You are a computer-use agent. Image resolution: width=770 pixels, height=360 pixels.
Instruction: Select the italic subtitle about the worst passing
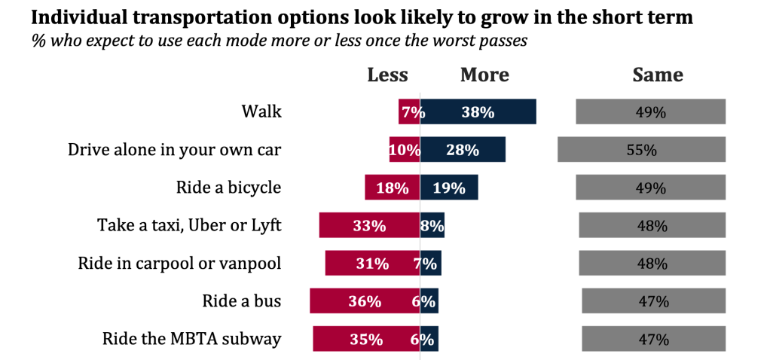point(279,41)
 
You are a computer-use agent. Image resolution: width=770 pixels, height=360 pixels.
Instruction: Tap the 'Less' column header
point(387,75)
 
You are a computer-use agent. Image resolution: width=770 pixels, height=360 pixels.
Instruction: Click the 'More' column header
point(484,75)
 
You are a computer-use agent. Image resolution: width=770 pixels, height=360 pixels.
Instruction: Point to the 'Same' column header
point(657,75)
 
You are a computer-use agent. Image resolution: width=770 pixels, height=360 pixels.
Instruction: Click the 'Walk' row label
point(261,111)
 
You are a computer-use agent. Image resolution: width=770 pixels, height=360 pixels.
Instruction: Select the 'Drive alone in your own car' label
point(175,149)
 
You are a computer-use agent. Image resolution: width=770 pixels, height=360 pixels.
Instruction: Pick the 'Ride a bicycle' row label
point(228,187)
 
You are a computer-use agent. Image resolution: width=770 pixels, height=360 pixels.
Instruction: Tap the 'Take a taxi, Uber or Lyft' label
point(189,224)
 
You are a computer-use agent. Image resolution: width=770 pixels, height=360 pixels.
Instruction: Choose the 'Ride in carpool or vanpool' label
point(179,263)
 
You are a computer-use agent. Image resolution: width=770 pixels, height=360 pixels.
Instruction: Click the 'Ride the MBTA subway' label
point(191,339)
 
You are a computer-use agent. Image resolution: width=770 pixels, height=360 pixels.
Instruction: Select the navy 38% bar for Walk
point(478,111)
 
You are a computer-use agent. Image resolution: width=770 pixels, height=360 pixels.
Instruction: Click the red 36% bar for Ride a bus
point(365,301)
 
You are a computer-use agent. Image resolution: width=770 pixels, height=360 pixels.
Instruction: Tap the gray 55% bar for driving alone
point(641,149)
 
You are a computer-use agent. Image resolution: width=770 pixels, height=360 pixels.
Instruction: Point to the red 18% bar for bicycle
point(392,187)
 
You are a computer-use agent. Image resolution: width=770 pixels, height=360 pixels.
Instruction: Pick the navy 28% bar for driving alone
point(463,149)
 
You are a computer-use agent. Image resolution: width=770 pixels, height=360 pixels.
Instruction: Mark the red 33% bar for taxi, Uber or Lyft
point(369,224)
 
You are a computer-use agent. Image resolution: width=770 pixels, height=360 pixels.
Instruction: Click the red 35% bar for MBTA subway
point(366,339)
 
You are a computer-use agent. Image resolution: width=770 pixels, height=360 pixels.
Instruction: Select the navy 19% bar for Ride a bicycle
point(449,187)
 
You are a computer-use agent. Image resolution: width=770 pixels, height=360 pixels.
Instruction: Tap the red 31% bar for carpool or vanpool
point(372,263)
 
